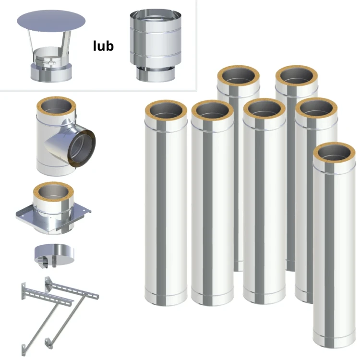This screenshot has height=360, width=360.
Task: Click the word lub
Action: click(x=103, y=46)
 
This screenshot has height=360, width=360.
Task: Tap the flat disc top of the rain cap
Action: click(x=51, y=21)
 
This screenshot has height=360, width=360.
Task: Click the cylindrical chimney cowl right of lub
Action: click(x=156, y=46)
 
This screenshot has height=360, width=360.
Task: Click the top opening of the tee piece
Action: click(x=56, y=108)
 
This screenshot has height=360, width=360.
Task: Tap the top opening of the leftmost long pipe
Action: click(x=166, y=111)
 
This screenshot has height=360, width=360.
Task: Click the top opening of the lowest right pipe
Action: click(x=334, y=153)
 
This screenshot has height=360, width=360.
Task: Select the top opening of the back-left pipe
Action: click(x=239, y=76)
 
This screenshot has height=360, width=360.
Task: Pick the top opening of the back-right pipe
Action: click(x=297, y=76)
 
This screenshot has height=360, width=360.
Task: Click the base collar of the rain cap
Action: click(x=51, y=73)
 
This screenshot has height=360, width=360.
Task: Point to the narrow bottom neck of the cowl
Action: click(x=156, y=74)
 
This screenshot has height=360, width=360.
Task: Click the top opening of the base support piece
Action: click(x=53, y=193)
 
